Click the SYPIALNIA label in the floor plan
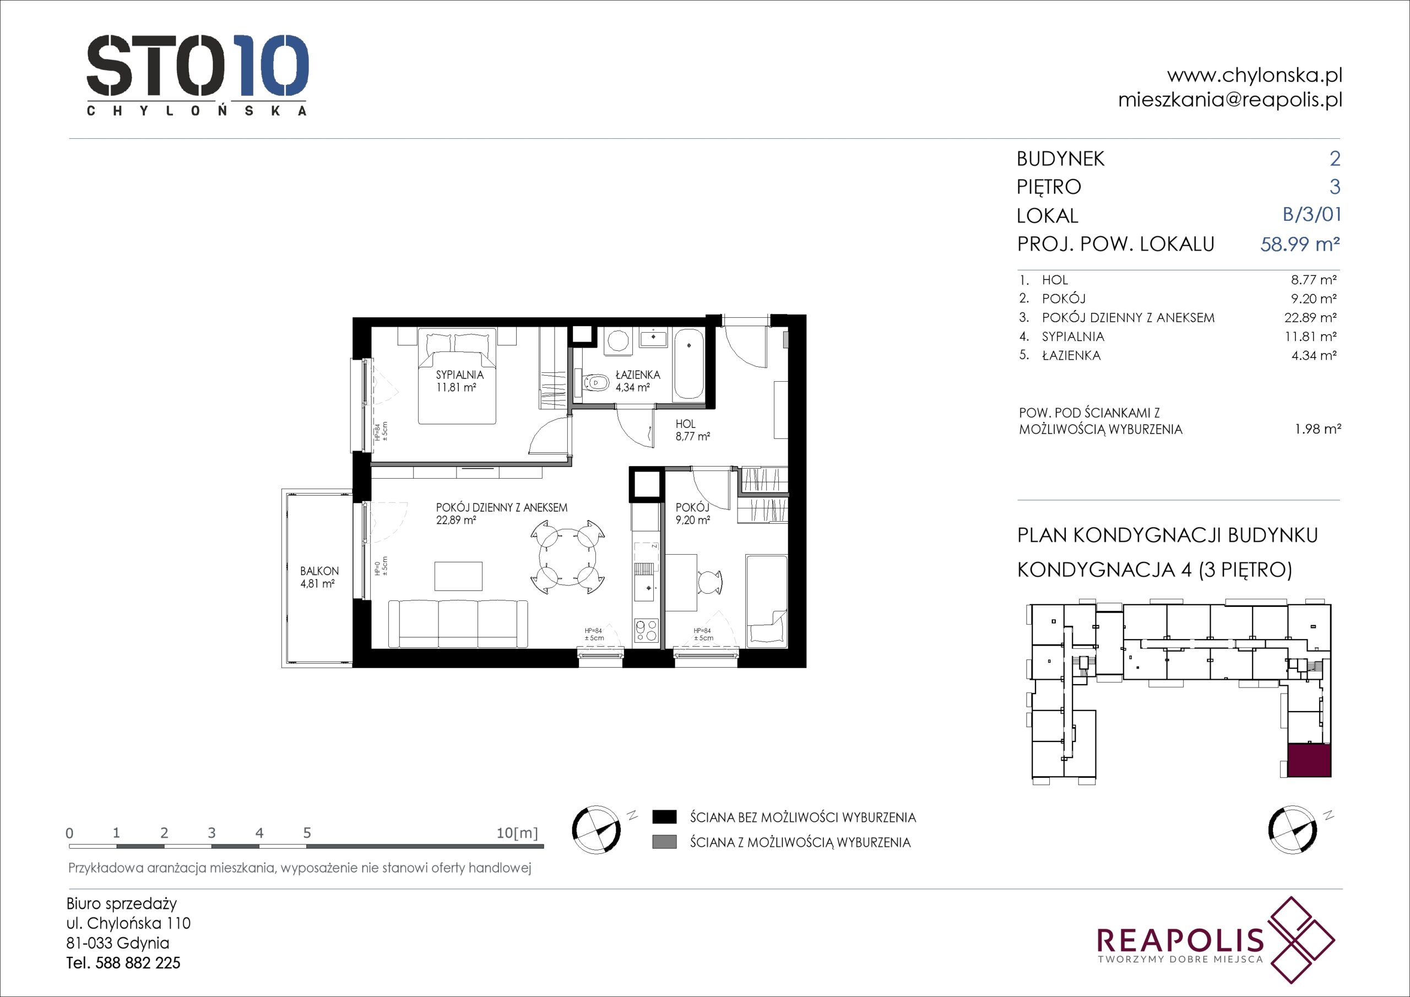pos(459,375)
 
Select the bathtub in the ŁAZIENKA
pos(689,366)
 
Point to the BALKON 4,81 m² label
pos(319,577)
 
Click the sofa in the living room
pos(458,624)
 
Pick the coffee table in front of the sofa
pos(458,576)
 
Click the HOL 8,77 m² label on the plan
pos(692,430)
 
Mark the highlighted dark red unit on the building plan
pos(1309,761)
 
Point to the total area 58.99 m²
pos(1300,244)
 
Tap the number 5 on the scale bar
pos(307,833)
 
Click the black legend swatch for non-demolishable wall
pos(664,817)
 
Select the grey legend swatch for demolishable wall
pos(664,842)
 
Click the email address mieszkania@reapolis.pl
pos(1229,100)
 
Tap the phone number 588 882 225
pos(138,963)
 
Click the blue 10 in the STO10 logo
pos(272,66)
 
